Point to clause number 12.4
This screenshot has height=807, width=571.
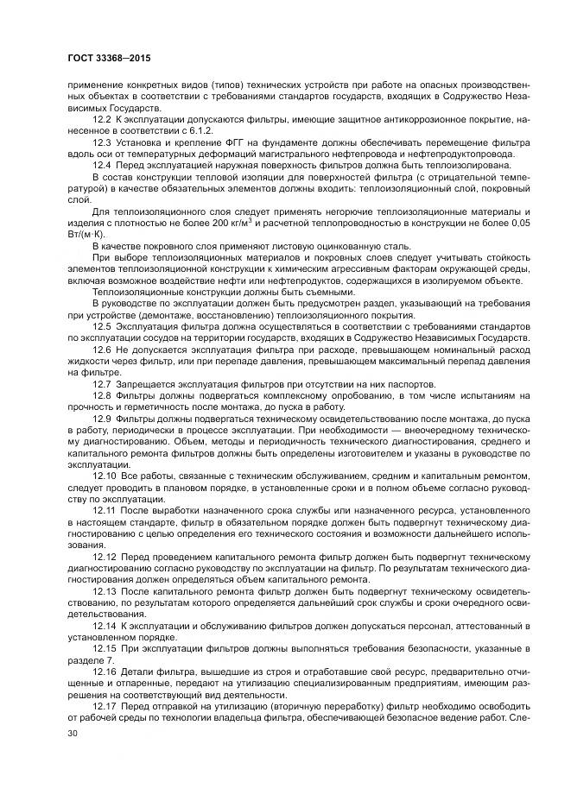[x=103, y=164]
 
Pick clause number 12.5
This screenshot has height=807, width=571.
[x=103, y=329]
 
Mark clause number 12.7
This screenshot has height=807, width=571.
[x=103, y=384]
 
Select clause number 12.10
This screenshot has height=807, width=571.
[x=105, y=476]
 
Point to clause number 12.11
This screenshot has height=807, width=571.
[x=105, y=511]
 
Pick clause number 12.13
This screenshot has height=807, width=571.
[x=105, y=592]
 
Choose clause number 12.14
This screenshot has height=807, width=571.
[x=105, y=623]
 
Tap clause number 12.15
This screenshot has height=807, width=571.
[x=105, y=648]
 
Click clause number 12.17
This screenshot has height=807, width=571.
[x=105, y=704]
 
